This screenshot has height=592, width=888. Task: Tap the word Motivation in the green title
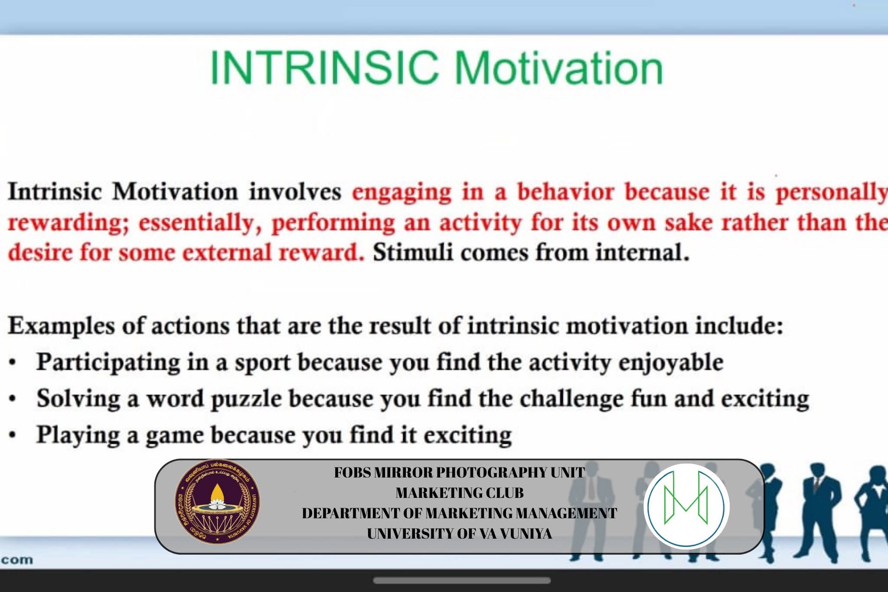pyautogui.click(x=559, y=68)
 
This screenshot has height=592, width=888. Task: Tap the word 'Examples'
pyautogui.click(x=61, y=326)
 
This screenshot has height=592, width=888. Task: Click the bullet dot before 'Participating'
pyautogui.click(x=13, y=363)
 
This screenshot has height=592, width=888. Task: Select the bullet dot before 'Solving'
pyautogui.click(x=13, y=399)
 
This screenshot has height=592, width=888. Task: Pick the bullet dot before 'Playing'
pyautogui.click(x=13, y=435)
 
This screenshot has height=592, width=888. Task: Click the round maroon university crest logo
pyautogui.click(x=217, y=502)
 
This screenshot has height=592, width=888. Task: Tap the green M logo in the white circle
pyautogui.click(x=686, y=505)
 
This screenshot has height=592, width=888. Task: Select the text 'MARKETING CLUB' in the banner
pyautogui.click(x=460, y=493)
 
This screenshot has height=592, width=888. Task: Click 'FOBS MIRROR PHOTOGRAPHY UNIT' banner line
pyautogui.click(x=460, y=472)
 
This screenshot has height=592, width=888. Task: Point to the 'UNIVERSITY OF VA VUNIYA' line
pyautogui.click(x=460, y=533)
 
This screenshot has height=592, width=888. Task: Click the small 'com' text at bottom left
pyautogui.click(x=16, y=559)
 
